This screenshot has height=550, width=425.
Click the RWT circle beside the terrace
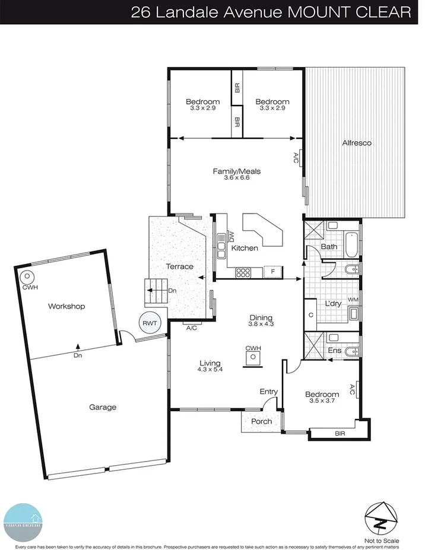point(150,323)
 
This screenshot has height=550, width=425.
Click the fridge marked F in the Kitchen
point(272,272)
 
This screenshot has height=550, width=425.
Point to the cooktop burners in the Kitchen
point(244,273)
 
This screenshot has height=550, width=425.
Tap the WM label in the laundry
point(353,300)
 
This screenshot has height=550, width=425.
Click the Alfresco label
point(356,143)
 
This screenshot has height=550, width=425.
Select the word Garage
point(103,407)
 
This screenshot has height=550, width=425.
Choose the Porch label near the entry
point(261,421)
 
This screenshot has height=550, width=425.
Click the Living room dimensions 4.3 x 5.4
point(210,370)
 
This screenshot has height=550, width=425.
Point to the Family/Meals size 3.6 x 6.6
point(236,178)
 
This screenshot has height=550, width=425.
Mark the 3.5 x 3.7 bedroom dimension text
point(322,401)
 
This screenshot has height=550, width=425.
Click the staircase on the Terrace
point(155,291)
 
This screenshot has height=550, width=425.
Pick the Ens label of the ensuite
point(335,351)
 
